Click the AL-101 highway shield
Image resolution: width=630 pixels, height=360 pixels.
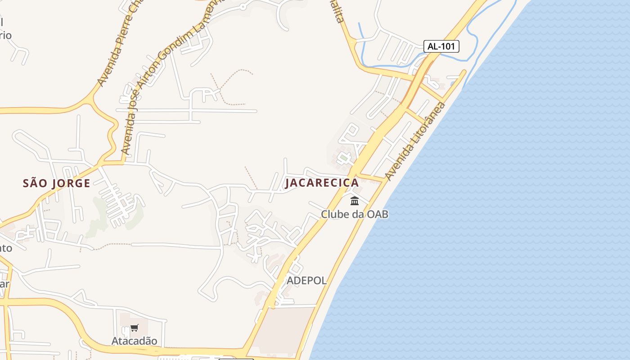(x=441, y=46)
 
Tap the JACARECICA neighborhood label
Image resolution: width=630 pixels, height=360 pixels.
(x=322, y=183)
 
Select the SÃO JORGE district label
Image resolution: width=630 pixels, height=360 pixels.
(x=57, y=183)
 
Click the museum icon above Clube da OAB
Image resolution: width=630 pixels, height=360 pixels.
(x=355, y=201)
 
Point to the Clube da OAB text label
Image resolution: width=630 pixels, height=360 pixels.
(x=354, y=214)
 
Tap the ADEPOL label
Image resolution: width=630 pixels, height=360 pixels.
(x=306, y=280)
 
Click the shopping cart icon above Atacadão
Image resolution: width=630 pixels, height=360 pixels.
(x=134, y=328)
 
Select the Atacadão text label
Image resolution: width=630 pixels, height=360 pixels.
(x=134, y=341)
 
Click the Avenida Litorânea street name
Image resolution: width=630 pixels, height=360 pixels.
(x=415, y=141)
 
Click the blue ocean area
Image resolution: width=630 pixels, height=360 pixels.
(x=495, y=202)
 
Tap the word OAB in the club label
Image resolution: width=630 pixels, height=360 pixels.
(x=377, y=214)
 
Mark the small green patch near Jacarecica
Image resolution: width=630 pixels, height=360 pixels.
(x=344, y=158)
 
